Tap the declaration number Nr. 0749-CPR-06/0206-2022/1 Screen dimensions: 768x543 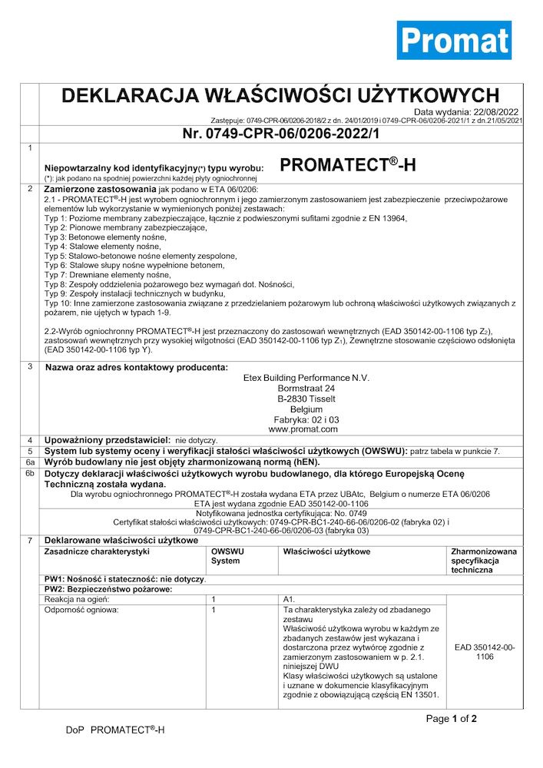281,134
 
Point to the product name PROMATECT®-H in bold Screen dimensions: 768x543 348,164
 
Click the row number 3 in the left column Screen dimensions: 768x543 29,366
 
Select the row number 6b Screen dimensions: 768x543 29,475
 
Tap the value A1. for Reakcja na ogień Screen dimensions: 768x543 290,598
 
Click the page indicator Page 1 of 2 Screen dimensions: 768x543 452,719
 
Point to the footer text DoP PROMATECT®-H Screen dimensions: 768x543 115,730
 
